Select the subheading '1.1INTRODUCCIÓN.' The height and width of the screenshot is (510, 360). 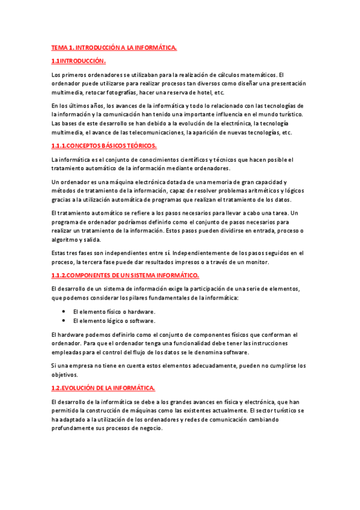coord(79,61)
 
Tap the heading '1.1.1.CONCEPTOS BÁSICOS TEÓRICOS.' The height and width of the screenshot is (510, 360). coord(104,146)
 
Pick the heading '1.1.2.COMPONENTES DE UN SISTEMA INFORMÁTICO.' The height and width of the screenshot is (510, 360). coord(125,275)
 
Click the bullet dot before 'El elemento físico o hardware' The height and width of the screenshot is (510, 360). coord(64,312)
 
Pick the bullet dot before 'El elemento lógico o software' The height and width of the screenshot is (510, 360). coord(64,321)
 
